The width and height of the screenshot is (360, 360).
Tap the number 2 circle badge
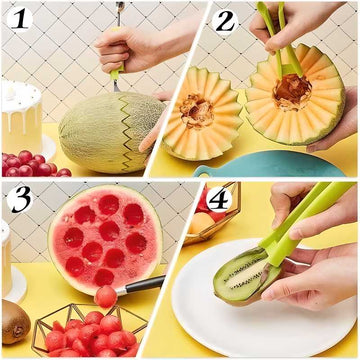[225, 19]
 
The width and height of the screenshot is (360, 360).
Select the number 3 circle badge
[20, 198]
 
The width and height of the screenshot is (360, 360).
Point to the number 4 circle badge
[219, 197]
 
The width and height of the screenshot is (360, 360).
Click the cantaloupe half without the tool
[202, 114]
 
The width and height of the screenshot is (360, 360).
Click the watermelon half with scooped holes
[104, 238]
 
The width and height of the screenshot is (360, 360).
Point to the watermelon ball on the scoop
[105, 297]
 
